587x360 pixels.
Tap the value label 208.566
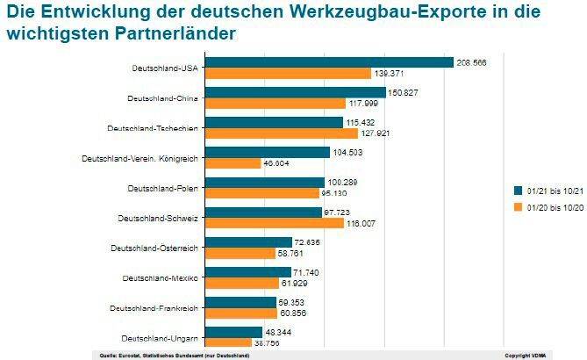tap(475, 62)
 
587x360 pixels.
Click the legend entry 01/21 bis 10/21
tap(548, 191)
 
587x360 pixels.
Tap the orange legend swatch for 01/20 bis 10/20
tap(518, 207)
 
